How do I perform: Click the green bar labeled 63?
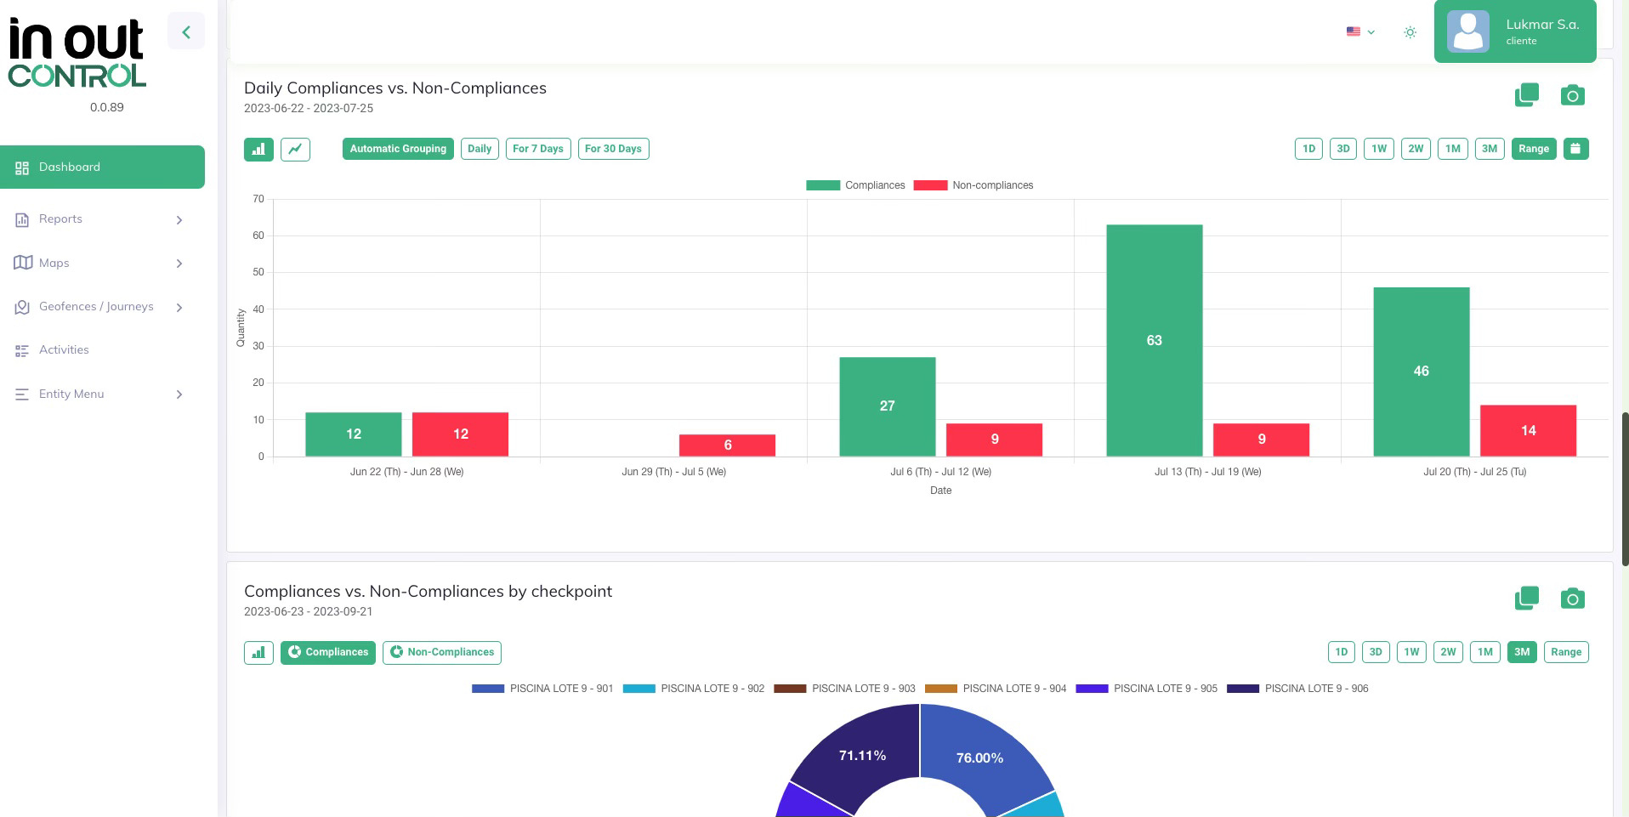point(1154,340)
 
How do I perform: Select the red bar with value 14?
point(1528,430)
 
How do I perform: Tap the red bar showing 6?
point(727,445)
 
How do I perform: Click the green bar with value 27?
point(887,406)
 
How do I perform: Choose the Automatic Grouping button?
point(398,149)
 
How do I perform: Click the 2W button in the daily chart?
point(1415,149)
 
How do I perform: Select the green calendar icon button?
point(1575,149)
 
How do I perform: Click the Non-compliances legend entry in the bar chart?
point(973,185)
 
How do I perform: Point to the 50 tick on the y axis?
point(258,272)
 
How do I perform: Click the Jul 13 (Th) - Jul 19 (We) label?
point(1207,472)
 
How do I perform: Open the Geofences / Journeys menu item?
point(96,307)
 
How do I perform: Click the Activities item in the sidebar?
point(64,350)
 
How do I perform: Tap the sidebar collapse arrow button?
point(186,31)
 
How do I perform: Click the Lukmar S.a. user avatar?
point(1467,31)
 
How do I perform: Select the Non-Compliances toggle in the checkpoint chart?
point(441,652)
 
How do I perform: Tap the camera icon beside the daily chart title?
point(1572,95)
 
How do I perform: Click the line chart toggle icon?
point(295,149)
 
